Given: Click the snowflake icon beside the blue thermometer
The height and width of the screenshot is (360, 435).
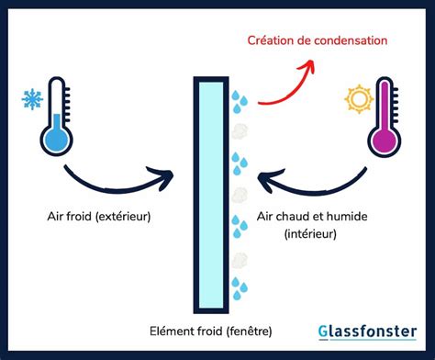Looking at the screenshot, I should coord(30,97).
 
